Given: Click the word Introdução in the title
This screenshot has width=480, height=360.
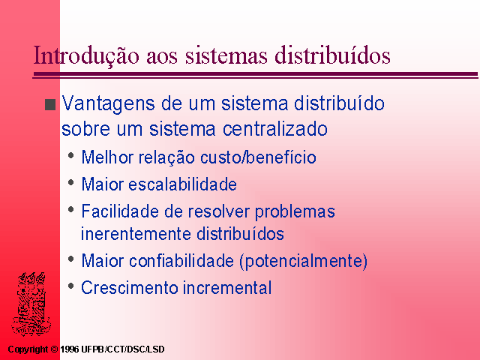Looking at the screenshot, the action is click(86, 55).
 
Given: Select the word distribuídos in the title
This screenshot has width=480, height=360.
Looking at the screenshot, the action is click(332, 55).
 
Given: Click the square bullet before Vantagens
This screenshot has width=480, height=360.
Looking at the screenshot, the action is click(50, 104).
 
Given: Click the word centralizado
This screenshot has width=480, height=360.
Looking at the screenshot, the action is click(275, 128).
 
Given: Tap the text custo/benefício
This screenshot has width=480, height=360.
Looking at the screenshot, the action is click(258, 157).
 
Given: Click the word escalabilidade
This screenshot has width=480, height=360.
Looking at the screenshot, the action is click(182, 184).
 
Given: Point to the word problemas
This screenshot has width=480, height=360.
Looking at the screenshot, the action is click(295, 212).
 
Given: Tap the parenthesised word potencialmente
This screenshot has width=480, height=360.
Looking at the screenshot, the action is click(303, 262).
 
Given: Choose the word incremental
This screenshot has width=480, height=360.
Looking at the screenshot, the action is click(227, 288).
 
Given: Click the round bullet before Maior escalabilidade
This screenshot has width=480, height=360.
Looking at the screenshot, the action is click(71, 183).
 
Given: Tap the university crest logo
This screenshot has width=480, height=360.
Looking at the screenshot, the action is click(31, 303).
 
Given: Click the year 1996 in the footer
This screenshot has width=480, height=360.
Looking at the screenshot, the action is click(70, 349).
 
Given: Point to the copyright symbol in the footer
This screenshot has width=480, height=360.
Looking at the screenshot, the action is click(54, 349).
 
